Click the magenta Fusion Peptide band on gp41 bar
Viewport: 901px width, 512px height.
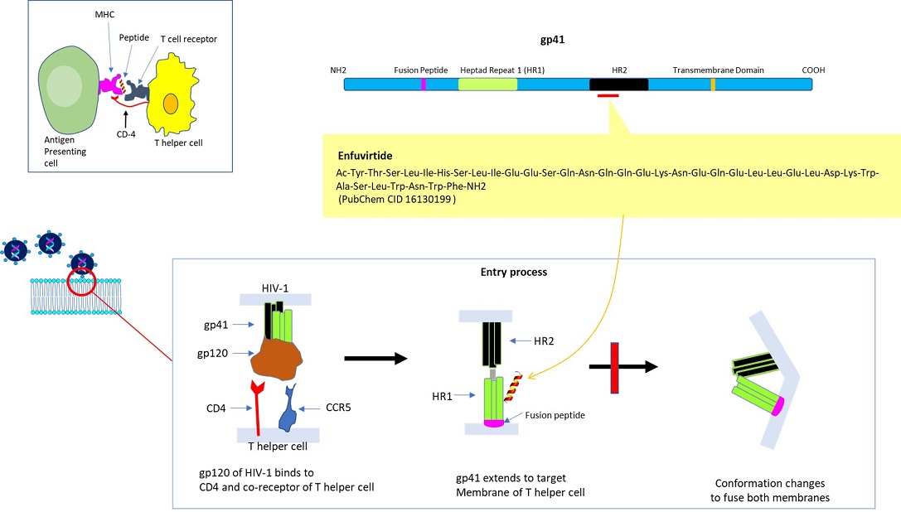(424, 85)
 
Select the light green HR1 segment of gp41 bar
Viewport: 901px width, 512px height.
(487, 85)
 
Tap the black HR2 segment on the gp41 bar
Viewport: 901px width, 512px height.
(618, 85)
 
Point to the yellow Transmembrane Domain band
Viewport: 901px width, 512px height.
(713, 85)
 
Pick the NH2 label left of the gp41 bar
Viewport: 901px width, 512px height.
(339, 70)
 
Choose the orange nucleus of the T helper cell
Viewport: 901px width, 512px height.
(170, 104)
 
